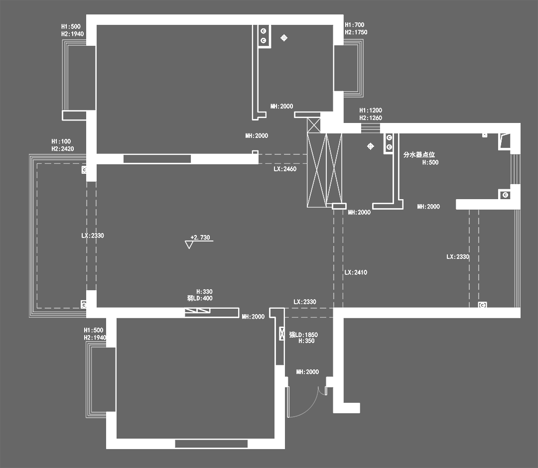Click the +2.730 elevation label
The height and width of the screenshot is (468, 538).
pyautogui.click(x=200, y=237)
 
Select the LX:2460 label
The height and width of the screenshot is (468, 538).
pyautogui.click(x=285, y=169)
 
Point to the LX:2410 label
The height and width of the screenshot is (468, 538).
pyautogui.click(x=356, y=273)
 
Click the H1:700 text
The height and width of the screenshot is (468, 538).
pyautogui.click(x=355, y=25)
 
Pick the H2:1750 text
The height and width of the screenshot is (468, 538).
pyautogui.click(x=356, y=32)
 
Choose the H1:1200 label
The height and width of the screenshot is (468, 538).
pyautogui.click(x=371, y=111)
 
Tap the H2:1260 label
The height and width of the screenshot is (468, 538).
pyautogui.click(x=371, y=118)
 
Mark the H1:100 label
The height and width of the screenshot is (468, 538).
pyautogui.click(x=61, y=141)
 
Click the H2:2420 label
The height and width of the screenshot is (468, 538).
pyautogui.click(x=62, y=149)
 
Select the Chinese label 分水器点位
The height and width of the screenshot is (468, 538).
pyautogui.click(x=419, y=155)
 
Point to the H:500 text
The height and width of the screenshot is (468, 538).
pyautogui.click(x=430, y=162)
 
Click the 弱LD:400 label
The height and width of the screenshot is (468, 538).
pyautogui.click(x=200, y=299)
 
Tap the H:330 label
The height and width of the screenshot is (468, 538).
pyautogui.click(x=204, y=292)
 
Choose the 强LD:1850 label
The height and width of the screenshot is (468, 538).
pyautogui.click(x=303, y=335)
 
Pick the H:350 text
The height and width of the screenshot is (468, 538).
pyautogui.click(x=306, y=342)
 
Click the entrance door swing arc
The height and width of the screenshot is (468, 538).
pyautogui.click(x=311, y=406)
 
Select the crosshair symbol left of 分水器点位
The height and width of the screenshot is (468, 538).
pyautogui.click(x=370, y=146)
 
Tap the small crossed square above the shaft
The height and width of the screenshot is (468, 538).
pyautogui.click(x=314, y=124)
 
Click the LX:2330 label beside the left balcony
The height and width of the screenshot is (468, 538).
pyautogui.click(x=93, y=235)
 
